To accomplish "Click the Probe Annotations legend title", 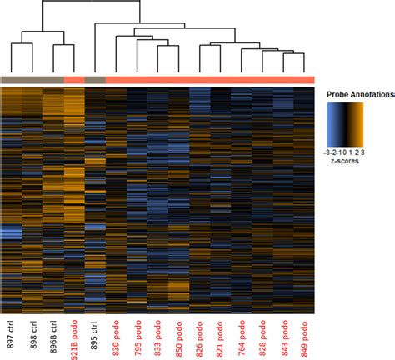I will coord(357,94).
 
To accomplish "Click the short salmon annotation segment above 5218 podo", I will coord(74,79).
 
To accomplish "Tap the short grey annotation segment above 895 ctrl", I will coord(95,79).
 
